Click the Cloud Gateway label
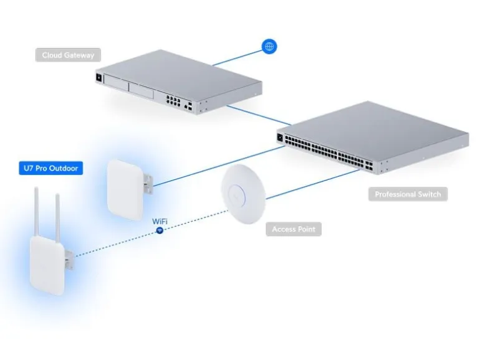click(x=68, y=55)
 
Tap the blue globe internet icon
click(x=269, y=46)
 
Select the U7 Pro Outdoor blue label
click(x=51, y=168)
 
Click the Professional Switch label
click(x=408, y=194)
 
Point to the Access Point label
click(x=294, y=229)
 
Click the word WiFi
click(x=160, y=221)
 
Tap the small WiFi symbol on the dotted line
click(x=160, y=230)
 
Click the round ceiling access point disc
click(x=244, y=194)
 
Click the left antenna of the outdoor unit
click(x=36, y=212)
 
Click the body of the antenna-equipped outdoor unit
click(x=47, y=265)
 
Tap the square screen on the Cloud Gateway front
click(x=99, y=78)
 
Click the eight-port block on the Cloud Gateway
click(x=173, y=100)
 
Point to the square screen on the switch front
click(x=280, y=138)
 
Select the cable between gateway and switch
click(x=259, y=115)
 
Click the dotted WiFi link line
click(x=151, y=233)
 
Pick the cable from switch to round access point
click(x=313, y=184)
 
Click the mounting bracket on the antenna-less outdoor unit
click(x=148, y=184)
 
